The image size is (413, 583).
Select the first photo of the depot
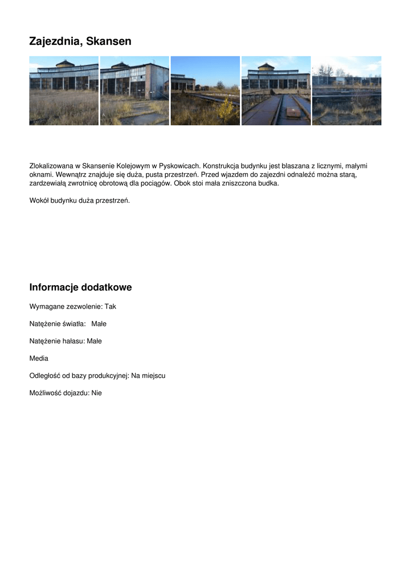tap(64, 91)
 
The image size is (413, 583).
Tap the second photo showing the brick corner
tap(134, 91)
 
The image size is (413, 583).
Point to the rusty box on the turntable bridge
tap(292, 113)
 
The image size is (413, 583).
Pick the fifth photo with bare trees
tap(346, 91)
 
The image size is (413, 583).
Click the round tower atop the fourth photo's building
tap(266, 67)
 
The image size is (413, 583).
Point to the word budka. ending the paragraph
tap(268, 184)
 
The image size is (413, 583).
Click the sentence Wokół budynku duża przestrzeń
tap(79, 200)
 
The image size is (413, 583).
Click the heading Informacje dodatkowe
tap(80, 288)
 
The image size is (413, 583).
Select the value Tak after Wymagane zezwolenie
tap(110, 306)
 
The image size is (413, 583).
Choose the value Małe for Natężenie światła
tap(99, 324)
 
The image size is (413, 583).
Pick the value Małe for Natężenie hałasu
tap(94, 341)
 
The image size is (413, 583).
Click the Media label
tap(39, 359)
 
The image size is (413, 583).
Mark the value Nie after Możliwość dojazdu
tap(96, 393)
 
